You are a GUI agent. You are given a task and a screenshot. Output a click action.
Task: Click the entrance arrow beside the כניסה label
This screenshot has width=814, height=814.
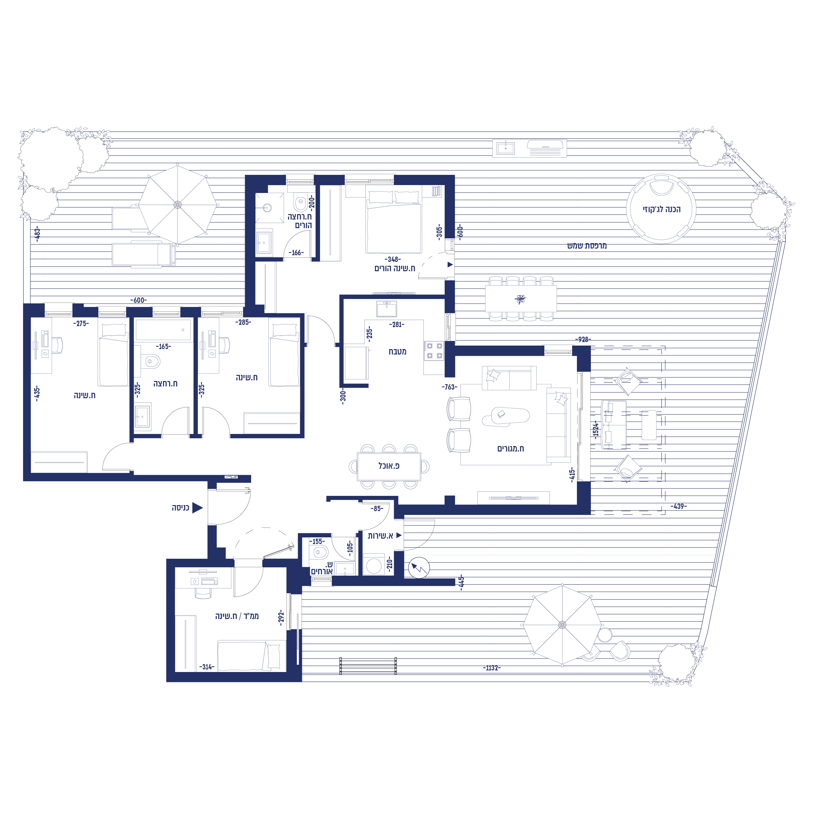[x=197, y=508]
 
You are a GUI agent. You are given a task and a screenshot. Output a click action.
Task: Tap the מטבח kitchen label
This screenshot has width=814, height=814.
[x=397, y=351]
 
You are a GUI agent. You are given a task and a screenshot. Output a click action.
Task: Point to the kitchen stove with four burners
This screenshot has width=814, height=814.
[x=434, y=351]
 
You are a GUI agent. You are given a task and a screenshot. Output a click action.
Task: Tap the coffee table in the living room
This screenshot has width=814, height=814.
[x=505, y=416]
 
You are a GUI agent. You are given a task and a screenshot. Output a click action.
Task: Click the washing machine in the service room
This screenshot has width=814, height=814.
[x=374, y=565]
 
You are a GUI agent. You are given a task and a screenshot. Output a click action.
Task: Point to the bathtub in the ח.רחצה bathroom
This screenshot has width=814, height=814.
[x=163, y=330]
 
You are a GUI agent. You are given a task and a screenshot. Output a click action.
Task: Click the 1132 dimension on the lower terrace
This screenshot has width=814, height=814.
[x=492, y=668]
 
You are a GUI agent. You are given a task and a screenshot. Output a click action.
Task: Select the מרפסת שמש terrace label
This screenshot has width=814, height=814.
[x=587, y=246]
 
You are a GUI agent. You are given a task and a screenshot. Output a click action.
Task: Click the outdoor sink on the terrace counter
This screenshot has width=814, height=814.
[x=505, y=148]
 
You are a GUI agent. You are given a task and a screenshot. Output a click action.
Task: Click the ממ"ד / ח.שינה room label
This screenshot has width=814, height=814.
[x=237, y=616]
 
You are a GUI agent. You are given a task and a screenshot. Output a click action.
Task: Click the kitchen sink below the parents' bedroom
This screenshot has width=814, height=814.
[x=386, y=309]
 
